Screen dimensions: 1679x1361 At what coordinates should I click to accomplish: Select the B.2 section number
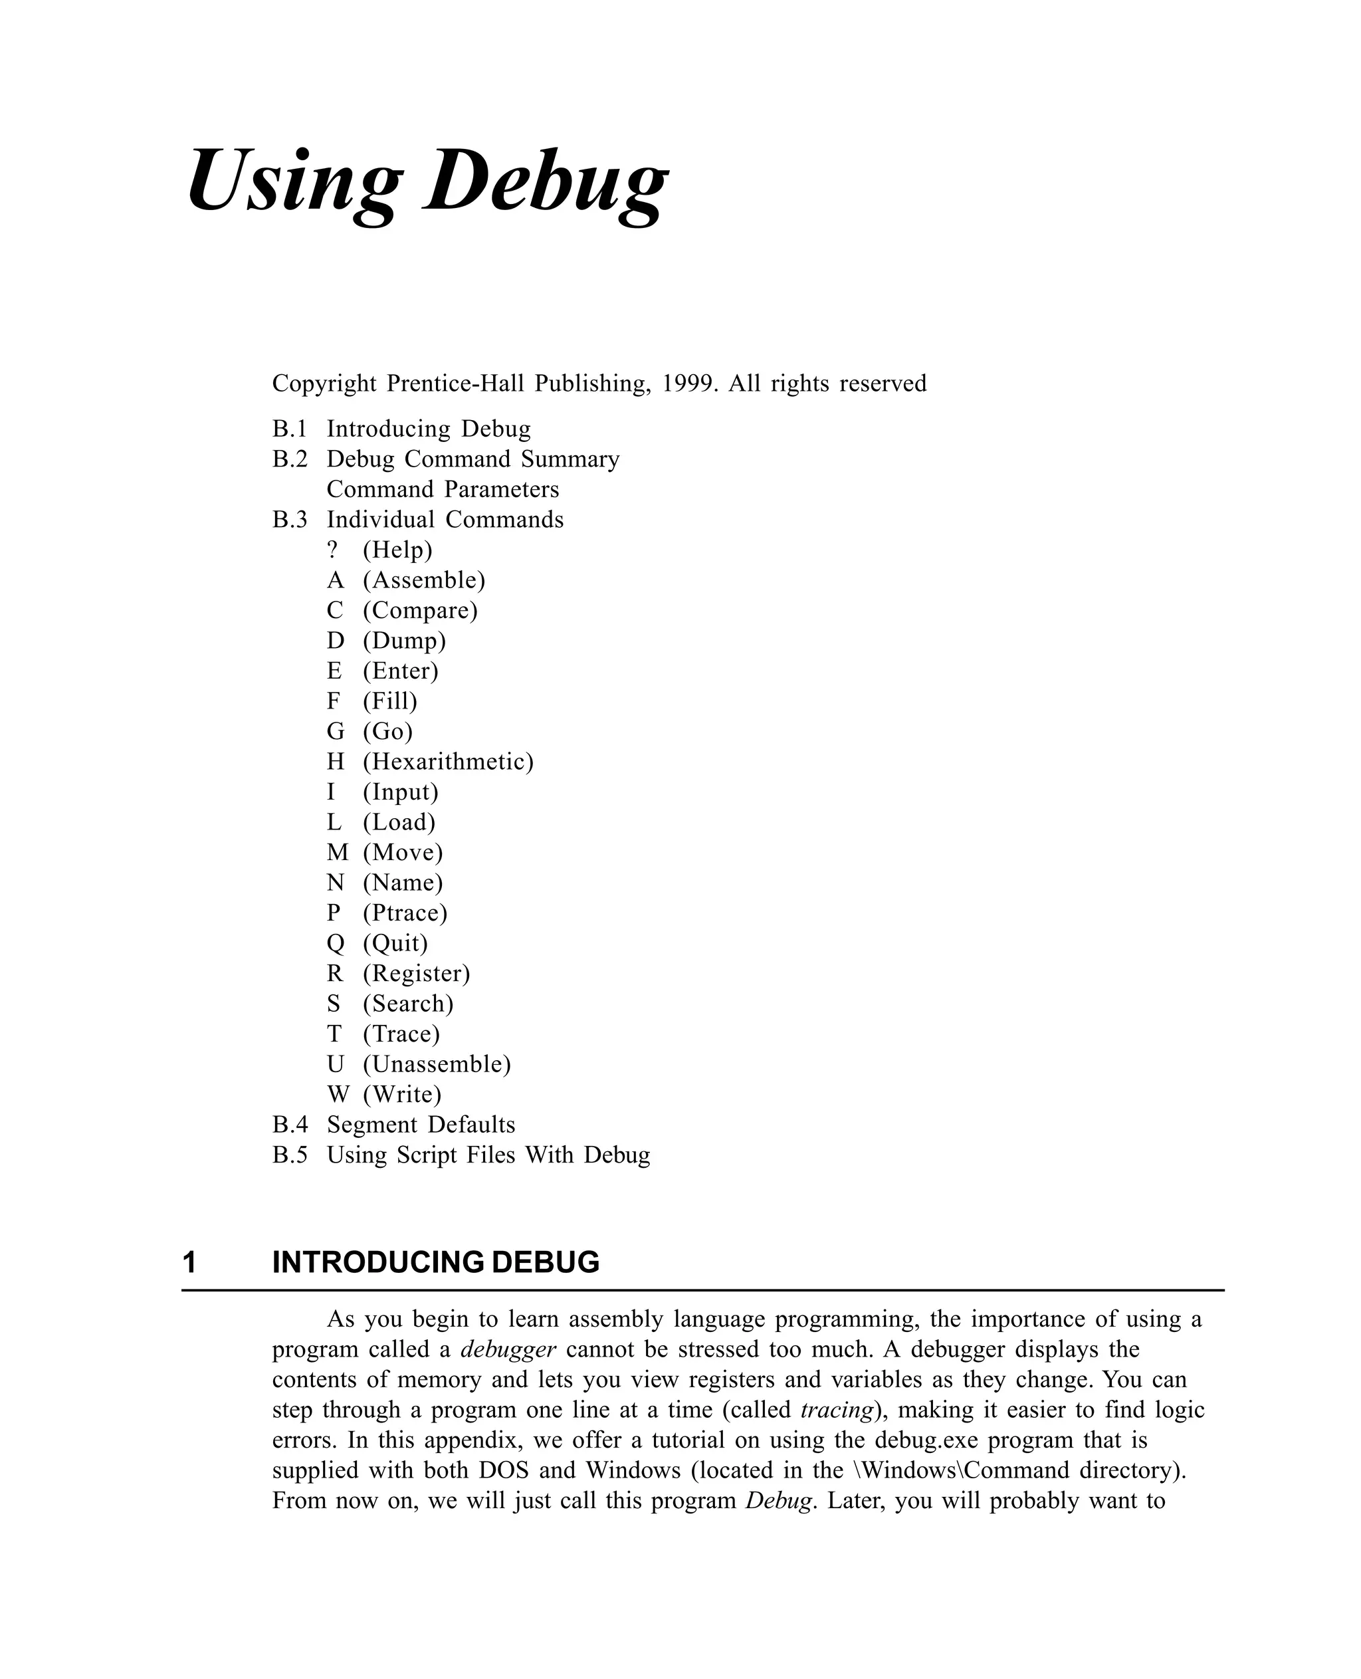(x=290, y=459)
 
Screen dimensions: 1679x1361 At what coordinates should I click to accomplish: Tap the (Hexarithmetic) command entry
(x=448, y=762)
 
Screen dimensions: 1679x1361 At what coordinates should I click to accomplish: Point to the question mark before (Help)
(x=333, y=550)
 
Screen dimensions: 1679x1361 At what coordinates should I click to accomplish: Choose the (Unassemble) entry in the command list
(x=437, y=1064)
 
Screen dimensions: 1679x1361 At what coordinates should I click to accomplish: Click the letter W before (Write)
(x=337, y=1094)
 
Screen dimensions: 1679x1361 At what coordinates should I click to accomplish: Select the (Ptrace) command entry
(x=405, y=913)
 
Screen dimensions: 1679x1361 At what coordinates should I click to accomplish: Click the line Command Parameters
(x=443, y=489)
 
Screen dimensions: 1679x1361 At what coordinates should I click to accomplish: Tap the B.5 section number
(x=290, y=1155)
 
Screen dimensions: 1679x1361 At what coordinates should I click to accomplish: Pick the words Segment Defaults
(x=421, y=1125)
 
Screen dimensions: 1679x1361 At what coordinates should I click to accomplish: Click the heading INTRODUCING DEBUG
(x=436, y=1263)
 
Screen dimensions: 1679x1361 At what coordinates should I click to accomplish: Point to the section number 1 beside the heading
(x=189, y=1263)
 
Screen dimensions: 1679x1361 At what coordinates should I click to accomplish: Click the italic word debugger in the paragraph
(x=508, y=1349)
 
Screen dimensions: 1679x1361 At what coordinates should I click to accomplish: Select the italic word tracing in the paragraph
(x=837, y=1409)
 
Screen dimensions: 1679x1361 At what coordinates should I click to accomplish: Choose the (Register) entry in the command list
(x=416, y=973)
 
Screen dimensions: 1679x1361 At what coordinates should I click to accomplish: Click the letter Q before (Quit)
(x=336, y=943)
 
